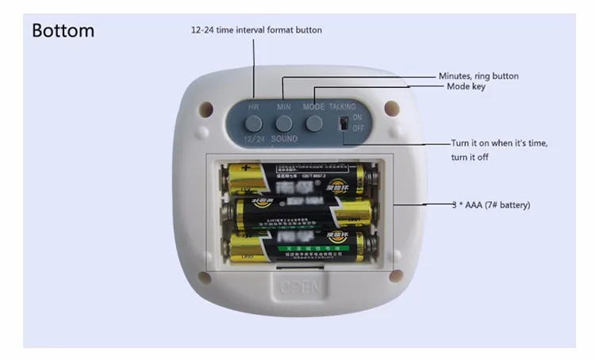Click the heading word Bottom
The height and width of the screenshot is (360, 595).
point(63,32)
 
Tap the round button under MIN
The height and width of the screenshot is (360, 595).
point(284,123)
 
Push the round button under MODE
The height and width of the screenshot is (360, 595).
point(314,123)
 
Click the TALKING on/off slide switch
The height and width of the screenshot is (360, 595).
point(343,124)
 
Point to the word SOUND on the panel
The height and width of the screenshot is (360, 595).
point(284,139)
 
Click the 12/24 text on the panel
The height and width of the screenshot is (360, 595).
point(253,139)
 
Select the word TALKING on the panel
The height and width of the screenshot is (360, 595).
point(343,106)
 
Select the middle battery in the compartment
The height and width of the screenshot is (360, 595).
point(301,212)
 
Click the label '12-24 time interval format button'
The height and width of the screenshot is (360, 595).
point(256,30)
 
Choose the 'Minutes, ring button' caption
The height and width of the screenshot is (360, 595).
point(478,76)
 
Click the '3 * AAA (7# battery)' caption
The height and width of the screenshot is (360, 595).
point(490,205)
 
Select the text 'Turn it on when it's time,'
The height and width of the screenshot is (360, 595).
point(499,143)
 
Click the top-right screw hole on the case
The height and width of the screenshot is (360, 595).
point(390,106)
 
